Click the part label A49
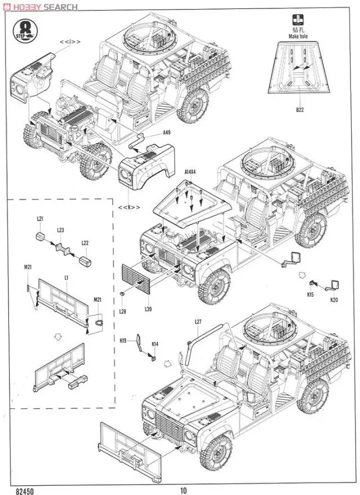(x=166, y=133)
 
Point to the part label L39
(x=148, y=309)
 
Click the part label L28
(x=123, y=308)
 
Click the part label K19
(x=123, y=340)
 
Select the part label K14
(x=155, y=344)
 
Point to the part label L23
(x=61, y=231)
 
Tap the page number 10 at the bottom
(x=183, y=490)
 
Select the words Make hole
(x=298, y=36)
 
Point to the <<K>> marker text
(x=127, y=208)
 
